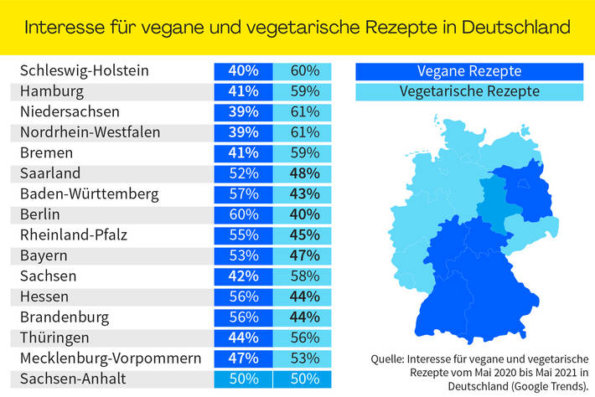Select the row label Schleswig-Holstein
point(85,70)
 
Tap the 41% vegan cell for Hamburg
point(243,91)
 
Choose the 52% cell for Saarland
point(243,173)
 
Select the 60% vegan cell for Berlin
point(243,214)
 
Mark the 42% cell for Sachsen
point(243,276)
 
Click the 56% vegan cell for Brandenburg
point(243,317)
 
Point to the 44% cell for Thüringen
point(243,338)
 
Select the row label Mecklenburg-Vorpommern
point(111,358)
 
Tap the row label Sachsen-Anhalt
point(72,379)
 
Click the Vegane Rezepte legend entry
point(468,70)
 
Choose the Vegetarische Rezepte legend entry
point(468,90)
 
